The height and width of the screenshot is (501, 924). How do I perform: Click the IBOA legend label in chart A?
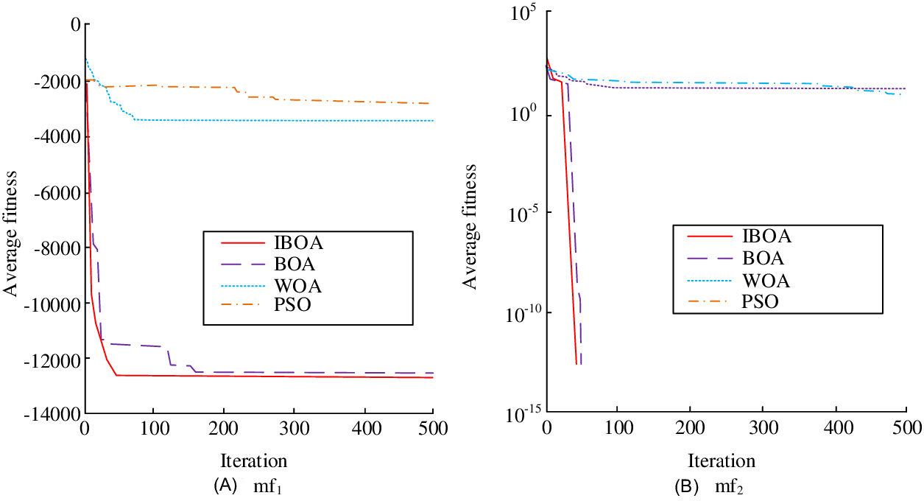click(x=298, y=242)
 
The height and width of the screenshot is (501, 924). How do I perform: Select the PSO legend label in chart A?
click(x=292, y=304)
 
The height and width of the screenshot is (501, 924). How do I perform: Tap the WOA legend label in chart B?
click(x=766, y=281)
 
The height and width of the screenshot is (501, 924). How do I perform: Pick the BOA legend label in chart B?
click(x=763, y=259)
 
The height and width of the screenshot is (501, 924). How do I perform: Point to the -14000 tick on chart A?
click(x=52, y=414)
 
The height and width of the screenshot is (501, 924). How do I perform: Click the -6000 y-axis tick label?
click(x=57, y=193)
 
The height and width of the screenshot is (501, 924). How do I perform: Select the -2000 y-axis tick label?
click(x=57, y=82)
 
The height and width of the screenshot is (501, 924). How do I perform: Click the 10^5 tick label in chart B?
click(x=526, y=13)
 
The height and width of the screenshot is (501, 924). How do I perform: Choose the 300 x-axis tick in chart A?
click(x=294, y=429)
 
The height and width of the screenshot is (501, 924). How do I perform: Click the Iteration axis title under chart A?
click(x=254, y=461)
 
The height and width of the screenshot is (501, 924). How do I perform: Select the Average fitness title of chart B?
click(x=470, y=227)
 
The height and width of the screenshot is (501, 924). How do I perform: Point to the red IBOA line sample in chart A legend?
click(x=242, y=243)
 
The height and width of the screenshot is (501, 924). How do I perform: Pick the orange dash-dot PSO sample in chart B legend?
click(x=710, y=301)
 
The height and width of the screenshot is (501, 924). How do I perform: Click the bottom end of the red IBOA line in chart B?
click(x=576, y=364)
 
